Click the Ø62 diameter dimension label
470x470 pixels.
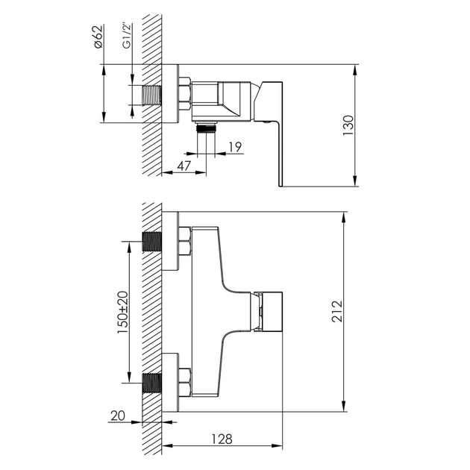pyautogui.click(x=98, y=37)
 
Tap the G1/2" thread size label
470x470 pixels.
pyautogui.click(x=127, y=36)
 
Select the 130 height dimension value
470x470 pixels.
pyautogui.click(x=348, y=125)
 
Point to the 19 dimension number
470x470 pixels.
pyautogui.click(x=235, y=147)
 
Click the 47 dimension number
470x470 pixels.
pyautogui.click(x=184, y=166)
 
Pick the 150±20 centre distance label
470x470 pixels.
pyautogui.click(x=122, y=313)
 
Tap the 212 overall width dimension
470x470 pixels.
pyautogui.click(x=337, y=311)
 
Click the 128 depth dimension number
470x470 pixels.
pyautogui.click(x=222, y=439)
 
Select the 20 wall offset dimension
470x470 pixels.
pyautogui.click(x=118, y=416)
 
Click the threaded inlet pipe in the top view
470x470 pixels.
pyautogui.click(x=152, y=95)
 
